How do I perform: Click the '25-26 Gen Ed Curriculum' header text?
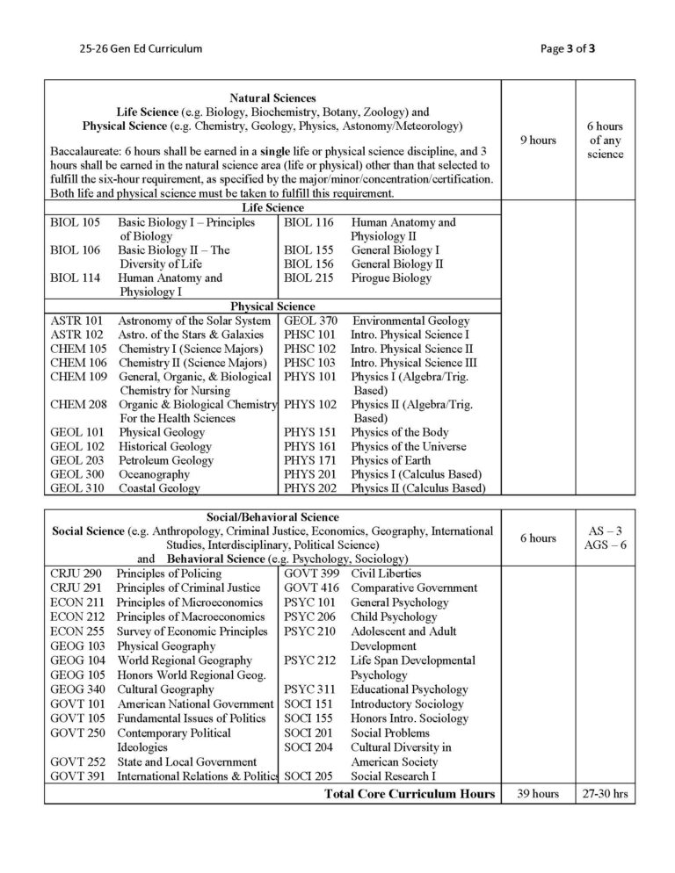coord(140,48)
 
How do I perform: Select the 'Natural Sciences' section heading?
coord(272,98)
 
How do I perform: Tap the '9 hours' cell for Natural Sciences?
coord(537,141)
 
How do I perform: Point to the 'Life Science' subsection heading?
coord(272,208)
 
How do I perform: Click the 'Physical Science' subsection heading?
coord(272,307)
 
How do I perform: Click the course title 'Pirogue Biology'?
coord(391,278)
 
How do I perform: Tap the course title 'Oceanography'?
coord(154,474)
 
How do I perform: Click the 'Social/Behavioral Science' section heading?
coord(272,517)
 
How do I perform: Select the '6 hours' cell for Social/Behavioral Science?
coord(537,538)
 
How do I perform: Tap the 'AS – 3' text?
coord(605,530)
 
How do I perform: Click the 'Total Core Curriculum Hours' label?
coord(410,794)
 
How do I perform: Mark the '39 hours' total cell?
coord(537,794)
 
